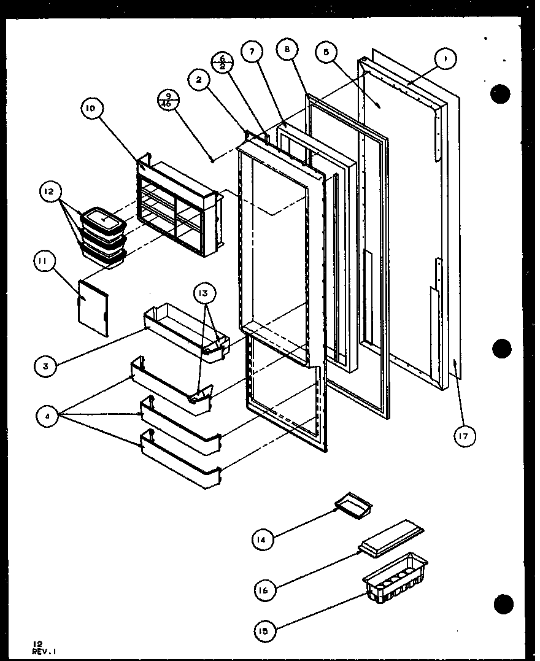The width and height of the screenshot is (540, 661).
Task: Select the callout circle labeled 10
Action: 91,108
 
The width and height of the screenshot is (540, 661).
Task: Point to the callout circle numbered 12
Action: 49,191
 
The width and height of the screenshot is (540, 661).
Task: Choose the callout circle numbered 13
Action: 204,293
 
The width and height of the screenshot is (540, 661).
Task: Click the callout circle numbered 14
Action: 262,539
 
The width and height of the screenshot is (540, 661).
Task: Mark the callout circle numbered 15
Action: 265,629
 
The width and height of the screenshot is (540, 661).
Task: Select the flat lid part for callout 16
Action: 391,538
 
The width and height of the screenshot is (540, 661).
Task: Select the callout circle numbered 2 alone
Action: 199,79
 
